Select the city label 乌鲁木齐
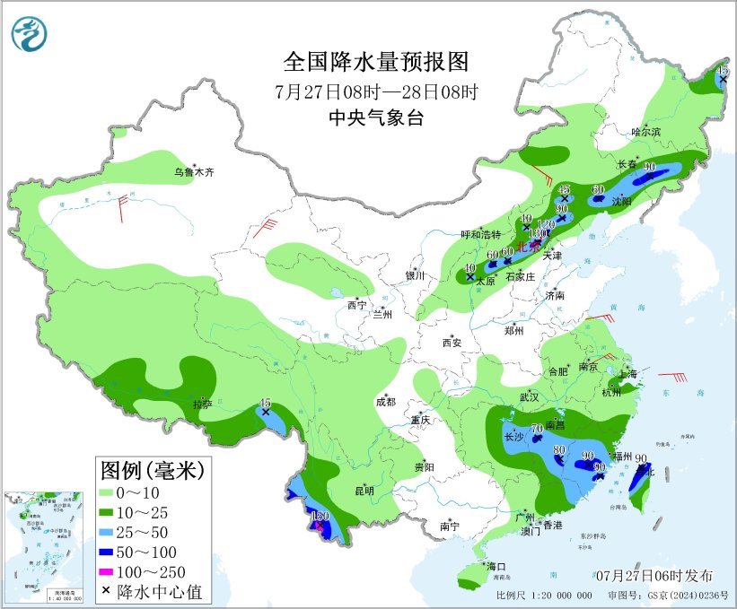pos(195,172)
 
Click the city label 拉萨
pos(203,405)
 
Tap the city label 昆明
pos(364,490)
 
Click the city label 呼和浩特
pos(480,234)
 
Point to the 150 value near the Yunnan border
pos(320,516)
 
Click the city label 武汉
pos(528,396)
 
